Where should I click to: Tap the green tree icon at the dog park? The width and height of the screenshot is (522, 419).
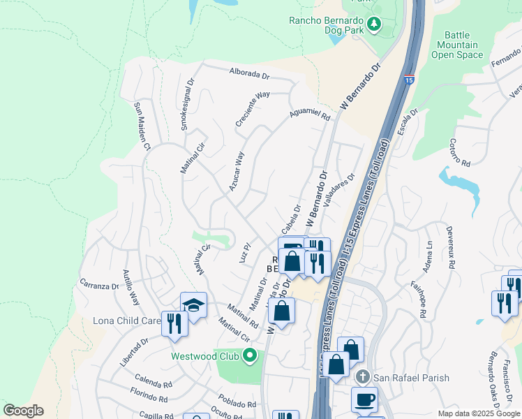click(374, 25)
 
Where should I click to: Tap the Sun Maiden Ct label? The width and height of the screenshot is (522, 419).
click(142, 127)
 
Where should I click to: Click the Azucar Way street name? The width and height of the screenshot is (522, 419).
click(237, 172)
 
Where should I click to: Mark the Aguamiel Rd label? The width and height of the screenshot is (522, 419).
click(310, 114)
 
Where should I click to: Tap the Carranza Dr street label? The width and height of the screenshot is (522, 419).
click(100, 286)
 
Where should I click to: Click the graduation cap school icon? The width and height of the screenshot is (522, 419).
click(193, 304)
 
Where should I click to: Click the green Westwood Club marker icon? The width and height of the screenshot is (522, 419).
click(250, 356)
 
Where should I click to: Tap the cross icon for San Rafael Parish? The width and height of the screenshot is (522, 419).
click(361, 377)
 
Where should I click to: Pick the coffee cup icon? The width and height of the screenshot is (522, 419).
click(365, 400)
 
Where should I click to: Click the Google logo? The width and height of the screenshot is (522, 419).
click(23, 411)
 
